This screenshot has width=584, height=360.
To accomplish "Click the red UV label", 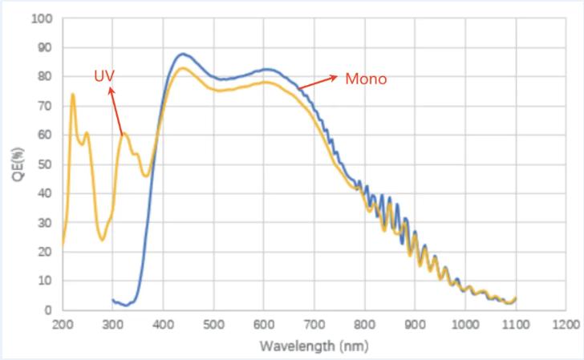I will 104,77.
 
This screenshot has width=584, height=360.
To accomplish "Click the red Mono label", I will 367,79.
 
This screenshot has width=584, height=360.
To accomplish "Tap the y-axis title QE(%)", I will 18,164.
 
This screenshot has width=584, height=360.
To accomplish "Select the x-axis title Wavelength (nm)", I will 314,347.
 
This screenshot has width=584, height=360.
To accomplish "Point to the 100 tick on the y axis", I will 42,18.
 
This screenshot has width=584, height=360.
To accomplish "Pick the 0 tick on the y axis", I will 49,310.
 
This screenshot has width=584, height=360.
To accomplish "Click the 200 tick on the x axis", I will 62,326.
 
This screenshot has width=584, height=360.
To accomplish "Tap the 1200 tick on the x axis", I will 566,326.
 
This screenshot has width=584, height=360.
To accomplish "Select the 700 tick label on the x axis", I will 314,326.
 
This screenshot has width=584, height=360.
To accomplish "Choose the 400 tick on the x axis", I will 163,326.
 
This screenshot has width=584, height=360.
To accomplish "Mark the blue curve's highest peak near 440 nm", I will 183,54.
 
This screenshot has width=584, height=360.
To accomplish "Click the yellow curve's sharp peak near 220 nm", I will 73,94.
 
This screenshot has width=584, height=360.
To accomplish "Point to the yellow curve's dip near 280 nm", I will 102,240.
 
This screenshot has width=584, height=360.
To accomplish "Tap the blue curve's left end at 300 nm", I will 113,300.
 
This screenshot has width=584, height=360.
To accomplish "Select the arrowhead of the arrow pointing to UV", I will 111,90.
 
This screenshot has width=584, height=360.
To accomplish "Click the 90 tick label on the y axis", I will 45,47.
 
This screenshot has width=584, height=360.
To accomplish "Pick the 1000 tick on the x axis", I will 464,326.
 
